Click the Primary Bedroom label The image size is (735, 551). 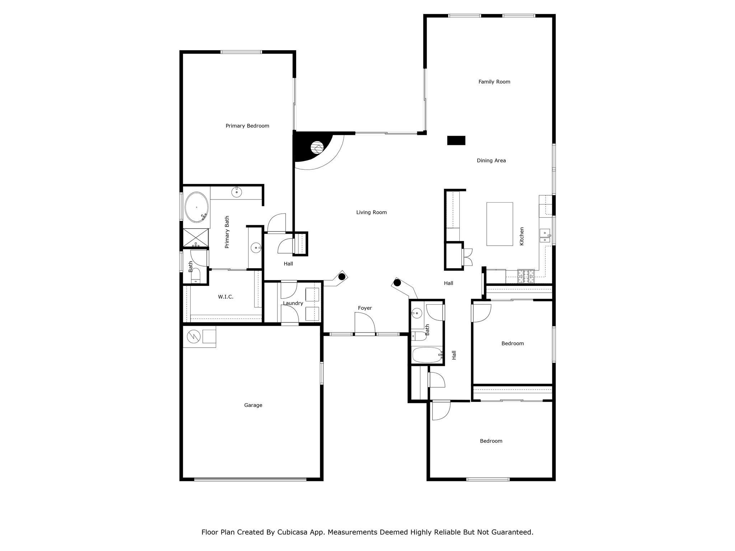pyautogui.click(x=247, y=126)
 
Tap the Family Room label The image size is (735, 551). pyautogui.click(x=494, y=82)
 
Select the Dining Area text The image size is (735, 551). pyautogui.click(x=491, y=161)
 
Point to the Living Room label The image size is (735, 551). pyautogui.click(x=371, y=212)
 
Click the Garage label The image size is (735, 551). pyautogui.click(x=253, y=405)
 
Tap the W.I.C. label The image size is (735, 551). pyautogui.click(x=226, y=297)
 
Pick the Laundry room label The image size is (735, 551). pyautogui.click(x=293, y=303)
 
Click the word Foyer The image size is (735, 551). pyautogui.click(x=365, y=308)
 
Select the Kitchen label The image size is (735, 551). pyautogui.click(x=522, y=236)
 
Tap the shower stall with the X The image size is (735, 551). pyautogui.click(x=196, y=238)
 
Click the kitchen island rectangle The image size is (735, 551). pyautogui.click(x=500, y=224)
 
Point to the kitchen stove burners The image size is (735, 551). pyautogui.click(x=526, y=276)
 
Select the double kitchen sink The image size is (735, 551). pyautogui.click(x=545, y=235)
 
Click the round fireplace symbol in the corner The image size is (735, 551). pyautogui.click(x=317, y=147)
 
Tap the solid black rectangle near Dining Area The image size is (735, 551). pyautogui.click(x=456, y=140)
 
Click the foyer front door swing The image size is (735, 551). pyautogui.click(x=365, y=323)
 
